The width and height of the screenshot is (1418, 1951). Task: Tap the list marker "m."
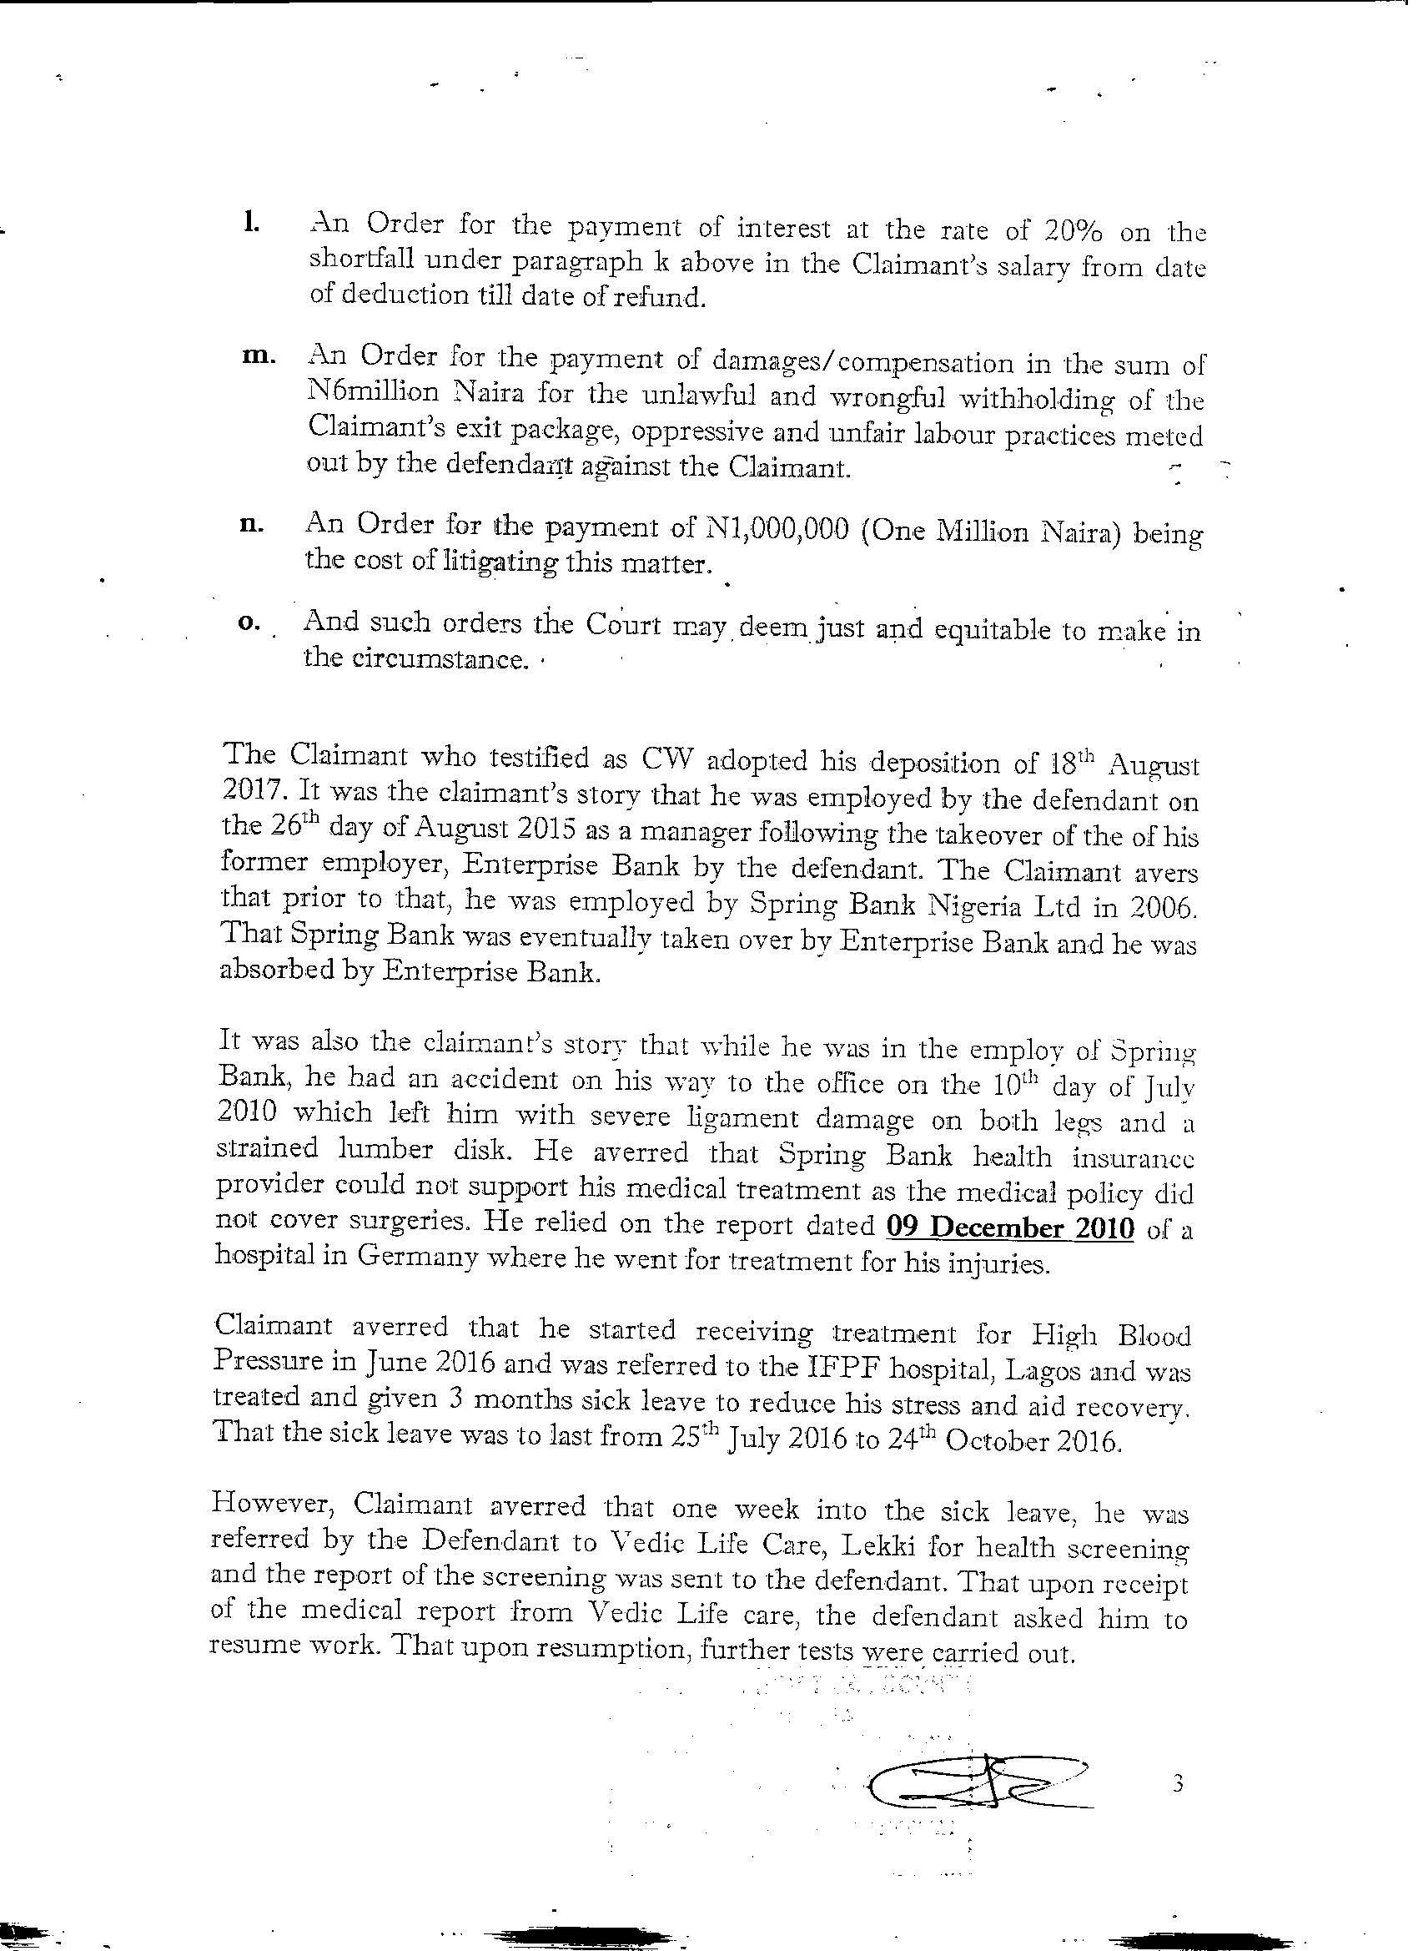pyautogui.click(x=257, y=357)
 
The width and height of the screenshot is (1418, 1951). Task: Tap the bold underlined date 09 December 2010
pyautogui.click(x=1010, y=1228)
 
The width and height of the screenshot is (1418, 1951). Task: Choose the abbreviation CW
pyautogui.click(x=661, y=759)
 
